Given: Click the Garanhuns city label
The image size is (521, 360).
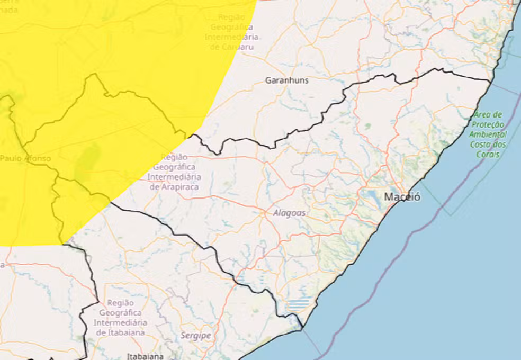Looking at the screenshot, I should click(x=286, y=80).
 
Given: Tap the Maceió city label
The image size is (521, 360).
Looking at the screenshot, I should click(x=402, y=197).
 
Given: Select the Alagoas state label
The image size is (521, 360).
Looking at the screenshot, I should click(x=289, y=213).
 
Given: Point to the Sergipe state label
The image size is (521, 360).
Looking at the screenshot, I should click(x=195, y=336).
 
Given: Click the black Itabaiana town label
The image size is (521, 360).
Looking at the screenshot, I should click(x=145, y=356).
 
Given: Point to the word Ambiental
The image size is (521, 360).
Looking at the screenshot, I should click(x=487, y=134).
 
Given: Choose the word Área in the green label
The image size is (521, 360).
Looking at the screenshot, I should click(x=481, y=114).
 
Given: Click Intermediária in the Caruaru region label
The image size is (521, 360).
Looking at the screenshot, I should click(x=231, y=37).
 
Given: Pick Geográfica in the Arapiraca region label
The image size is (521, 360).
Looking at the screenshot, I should click(x=174, y=167).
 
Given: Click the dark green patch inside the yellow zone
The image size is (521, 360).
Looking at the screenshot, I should click(x=88, y=161).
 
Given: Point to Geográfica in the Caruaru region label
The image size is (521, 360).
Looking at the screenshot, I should click(x=231, y=27).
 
